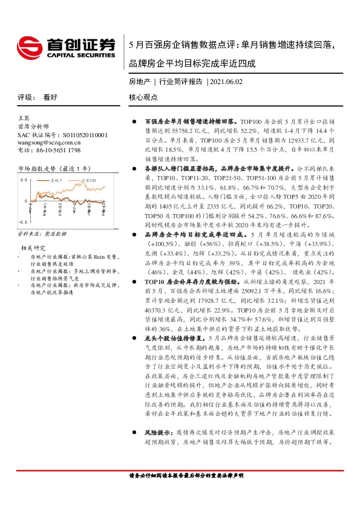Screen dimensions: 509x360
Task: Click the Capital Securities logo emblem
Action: tap(28, 47)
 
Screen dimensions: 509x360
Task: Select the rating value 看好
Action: tap(50, 97)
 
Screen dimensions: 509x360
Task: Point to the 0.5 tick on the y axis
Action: tap(24, 181)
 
